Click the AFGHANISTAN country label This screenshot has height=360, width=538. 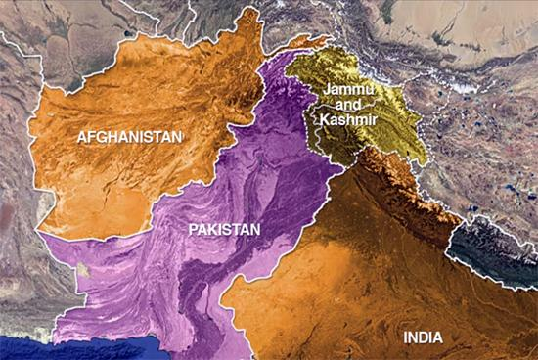[130, 137]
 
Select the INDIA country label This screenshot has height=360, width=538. [424, 338]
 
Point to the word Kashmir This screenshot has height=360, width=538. [341, 119]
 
